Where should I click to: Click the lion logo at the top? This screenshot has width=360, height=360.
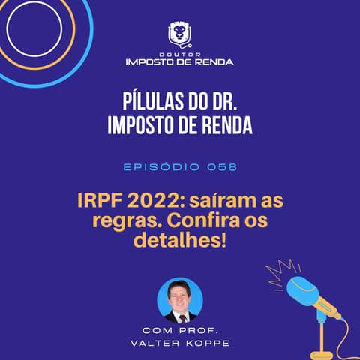click(x=179, y=34)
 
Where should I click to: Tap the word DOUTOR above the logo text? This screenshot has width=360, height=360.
click(x=179, y=52)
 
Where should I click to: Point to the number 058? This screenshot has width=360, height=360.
click(x=223, y=166)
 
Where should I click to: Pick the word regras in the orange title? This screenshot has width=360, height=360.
click(x=113, y=223)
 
